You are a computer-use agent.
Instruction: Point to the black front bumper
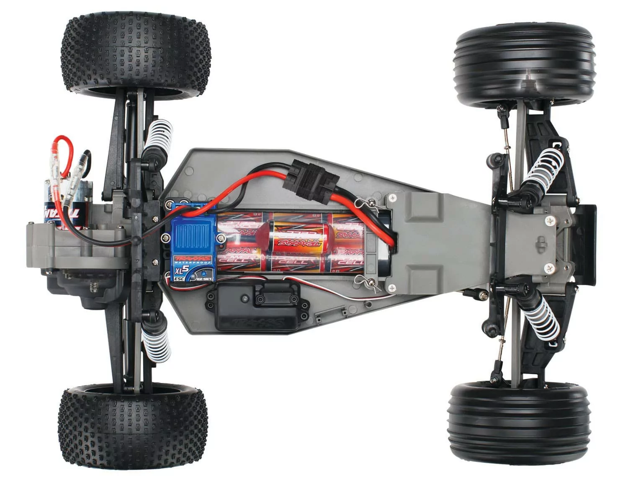point(588,243)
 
